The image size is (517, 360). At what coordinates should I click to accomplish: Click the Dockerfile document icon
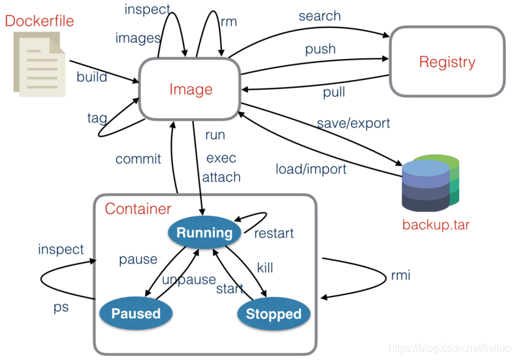(39, 64)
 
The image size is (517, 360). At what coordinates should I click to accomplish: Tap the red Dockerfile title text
(39, 21)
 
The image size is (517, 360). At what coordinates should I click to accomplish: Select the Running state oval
(204, 232)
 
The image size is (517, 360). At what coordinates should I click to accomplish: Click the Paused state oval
(136, 313)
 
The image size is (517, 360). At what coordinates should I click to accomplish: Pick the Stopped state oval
(274, 313)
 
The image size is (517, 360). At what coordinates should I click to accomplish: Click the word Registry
(447, 62)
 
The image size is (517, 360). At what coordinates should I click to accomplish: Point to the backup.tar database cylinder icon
(431, 183)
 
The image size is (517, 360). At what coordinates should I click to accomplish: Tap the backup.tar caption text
(436, 225)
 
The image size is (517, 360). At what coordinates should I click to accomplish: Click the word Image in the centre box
(191, 90)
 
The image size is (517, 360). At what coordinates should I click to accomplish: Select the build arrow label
(92, 77)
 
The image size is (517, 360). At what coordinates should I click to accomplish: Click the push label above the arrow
(320, 49)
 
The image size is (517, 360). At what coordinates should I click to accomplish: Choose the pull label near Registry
(334, 92)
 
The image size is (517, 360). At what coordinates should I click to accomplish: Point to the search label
(320, 16)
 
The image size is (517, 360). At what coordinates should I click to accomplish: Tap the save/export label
(353, 123)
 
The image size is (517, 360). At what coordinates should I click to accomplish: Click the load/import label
(311, 169)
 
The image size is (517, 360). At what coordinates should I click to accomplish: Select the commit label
(138, 159)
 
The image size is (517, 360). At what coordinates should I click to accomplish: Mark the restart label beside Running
(274, 233)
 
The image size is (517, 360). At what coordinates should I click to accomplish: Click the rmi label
(400, 275)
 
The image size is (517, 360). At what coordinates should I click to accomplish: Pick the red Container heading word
(138, 209)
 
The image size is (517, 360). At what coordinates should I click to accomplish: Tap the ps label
(61, 308)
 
